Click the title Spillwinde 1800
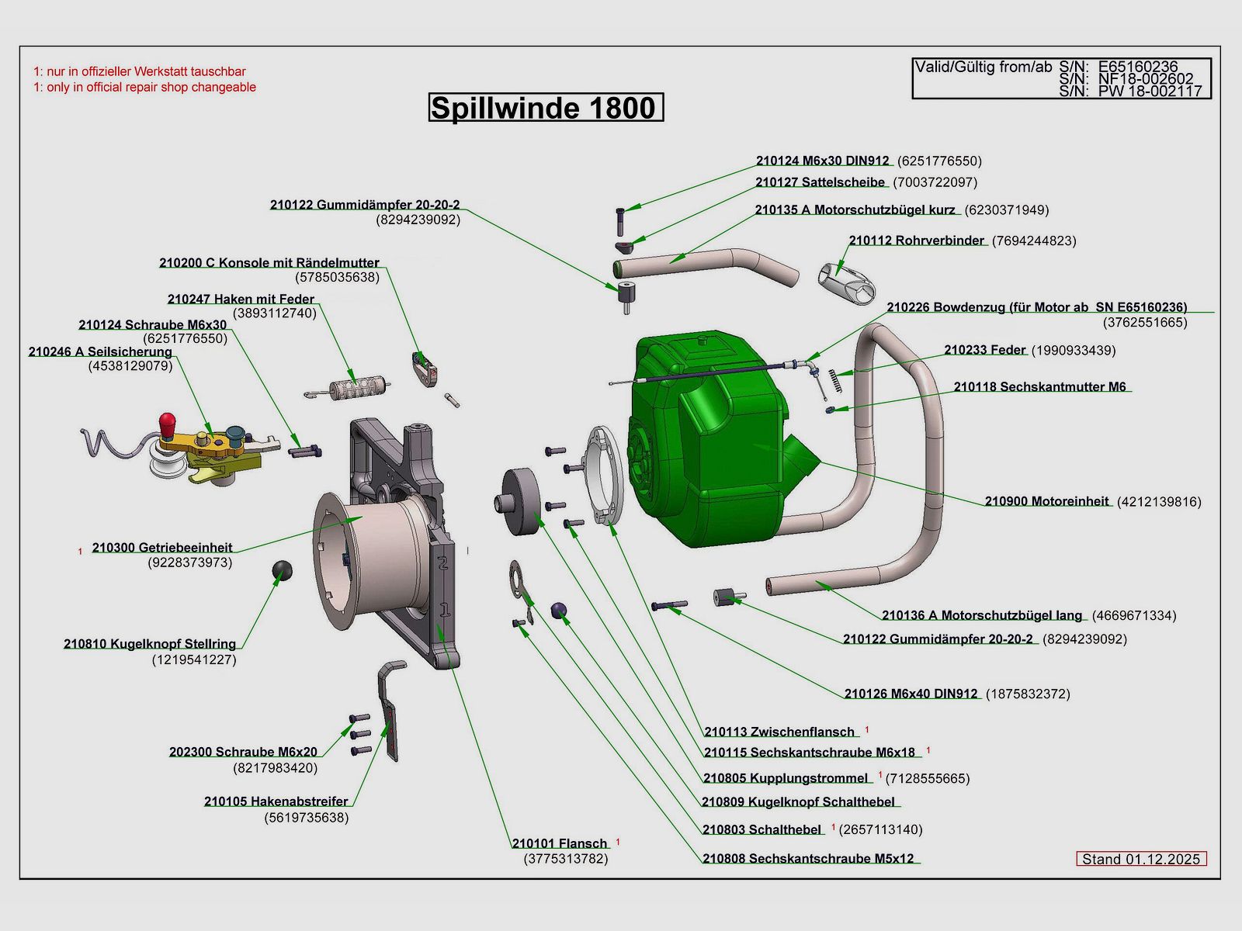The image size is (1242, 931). [x=545, y=108]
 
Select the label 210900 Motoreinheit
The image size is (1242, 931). [x=1047, y=501]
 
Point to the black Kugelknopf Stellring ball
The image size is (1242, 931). [x=282, y=572]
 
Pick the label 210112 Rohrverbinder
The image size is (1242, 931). [x=917, y=241]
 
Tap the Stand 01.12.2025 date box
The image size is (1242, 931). [x=1141, y=859]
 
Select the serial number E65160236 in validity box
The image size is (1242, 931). [x=1138, y=67]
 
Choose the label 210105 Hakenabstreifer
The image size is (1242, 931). [x=276, y=801]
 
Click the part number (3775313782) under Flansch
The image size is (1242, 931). [x=566, y=859]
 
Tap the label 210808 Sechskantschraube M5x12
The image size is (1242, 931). [x=808, y=859]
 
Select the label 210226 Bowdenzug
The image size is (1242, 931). [x=1036, y=307]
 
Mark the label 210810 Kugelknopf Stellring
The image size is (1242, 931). [x=150, y=644]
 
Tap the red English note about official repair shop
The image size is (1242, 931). [x=144, y=88]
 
